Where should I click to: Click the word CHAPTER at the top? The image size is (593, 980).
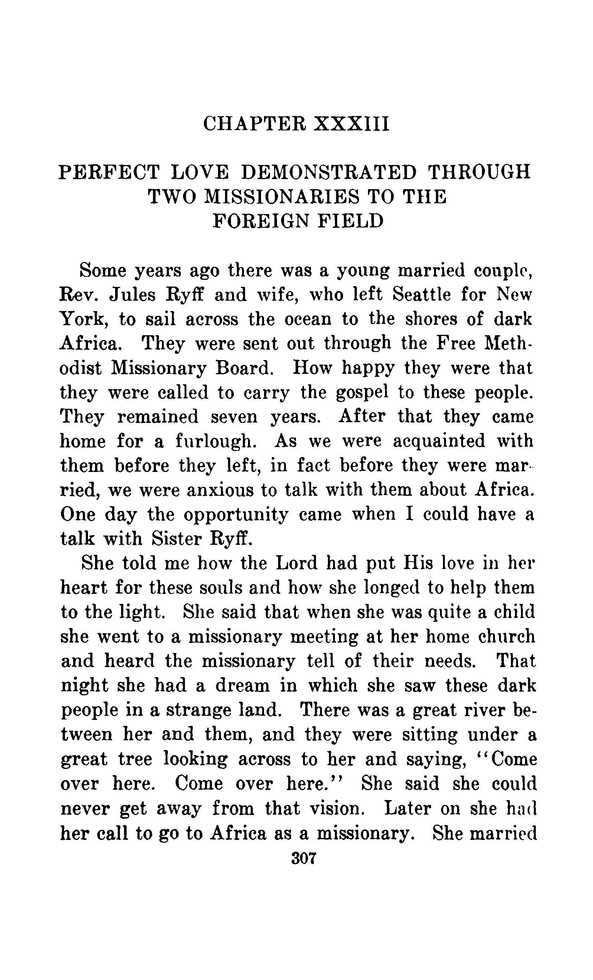click(255, 124)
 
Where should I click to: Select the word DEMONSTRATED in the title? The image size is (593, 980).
click(329, 172)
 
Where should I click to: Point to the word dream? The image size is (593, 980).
click(244, 686)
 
